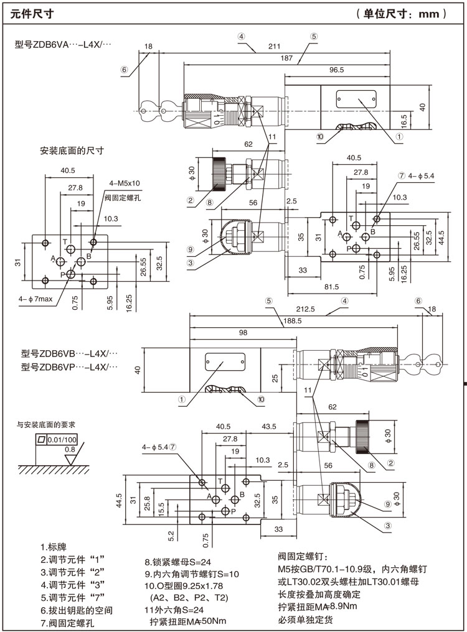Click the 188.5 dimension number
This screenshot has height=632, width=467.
coord(292,321)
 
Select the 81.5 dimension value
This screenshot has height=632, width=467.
coord(331,287)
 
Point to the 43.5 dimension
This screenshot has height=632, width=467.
coord(269,427)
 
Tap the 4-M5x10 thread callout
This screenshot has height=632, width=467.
coord(125,184)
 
